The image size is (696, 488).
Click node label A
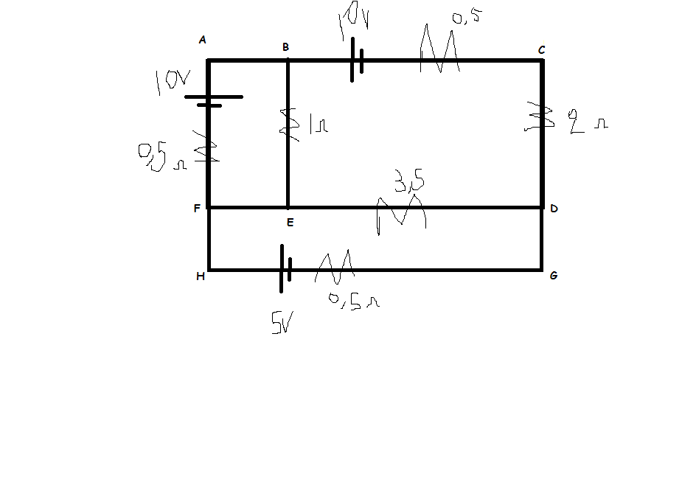(202, 41)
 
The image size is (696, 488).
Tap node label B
(285, 47)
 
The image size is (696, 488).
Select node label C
(541, 49)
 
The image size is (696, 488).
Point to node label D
(554, 209)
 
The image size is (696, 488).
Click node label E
(288, 221)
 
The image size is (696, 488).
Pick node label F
(197, 208)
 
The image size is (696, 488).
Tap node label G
(554, 276)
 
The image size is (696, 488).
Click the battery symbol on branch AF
(212, 100)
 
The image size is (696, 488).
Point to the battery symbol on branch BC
(356, 60)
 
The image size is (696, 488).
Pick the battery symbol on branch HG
(285, 269)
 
